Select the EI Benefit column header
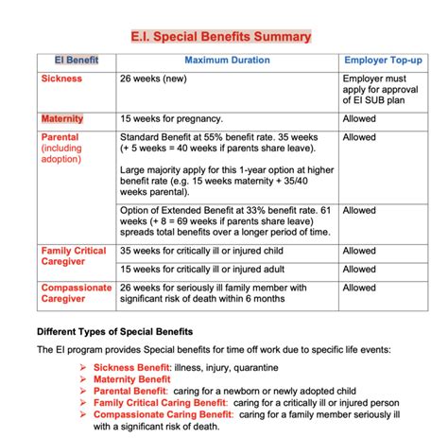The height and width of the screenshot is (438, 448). (x=75, y=61)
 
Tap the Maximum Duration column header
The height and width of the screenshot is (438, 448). (x=227, y=61)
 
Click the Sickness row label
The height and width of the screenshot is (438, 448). (x=61, y=79)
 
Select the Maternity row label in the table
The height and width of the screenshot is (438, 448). (x=62, y=119)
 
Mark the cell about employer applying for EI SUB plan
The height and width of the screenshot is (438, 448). (x=383, y=91)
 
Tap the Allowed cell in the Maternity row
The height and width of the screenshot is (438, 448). (x=359, y=119)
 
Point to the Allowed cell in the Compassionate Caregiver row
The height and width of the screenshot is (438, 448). (x=359, y=288)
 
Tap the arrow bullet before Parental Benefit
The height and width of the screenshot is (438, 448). (x=84, y=390)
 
